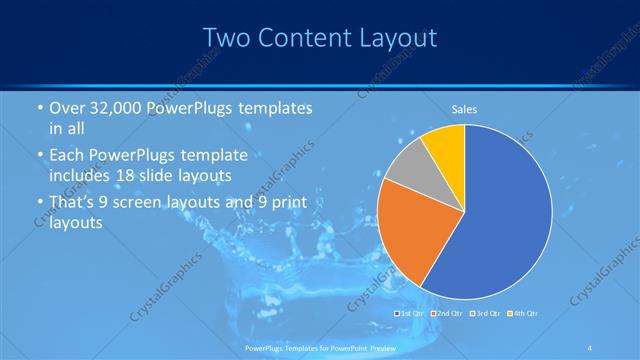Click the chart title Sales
(464, 108)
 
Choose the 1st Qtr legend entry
(411, 314)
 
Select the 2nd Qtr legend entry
(447, 314)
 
